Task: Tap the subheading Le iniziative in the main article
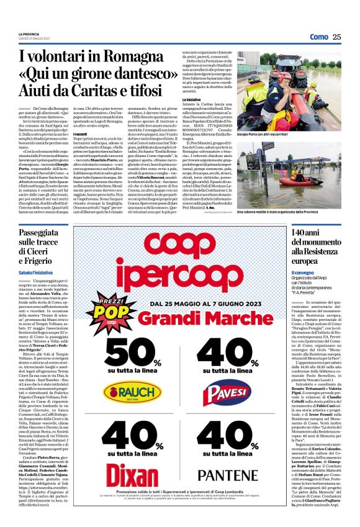point(193,101)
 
